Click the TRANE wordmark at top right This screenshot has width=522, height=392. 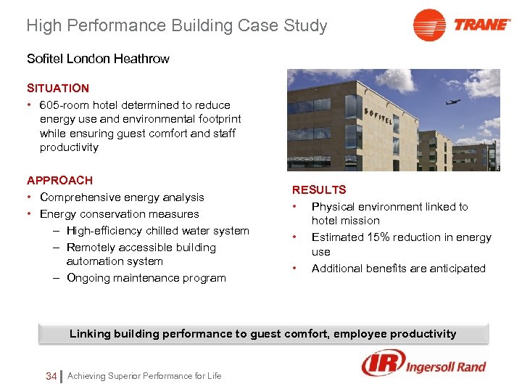(482, 25)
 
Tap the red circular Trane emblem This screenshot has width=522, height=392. (429, 25)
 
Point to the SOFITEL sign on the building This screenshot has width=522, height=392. (378, 117)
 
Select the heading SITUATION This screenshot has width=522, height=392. (58, 88)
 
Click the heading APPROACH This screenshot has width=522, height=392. (59, 180)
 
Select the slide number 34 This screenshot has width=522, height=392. (51, 375)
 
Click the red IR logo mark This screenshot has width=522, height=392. (382, 364)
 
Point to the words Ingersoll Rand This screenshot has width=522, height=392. (446, 366)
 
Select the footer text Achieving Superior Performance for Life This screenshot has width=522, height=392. (144, 375)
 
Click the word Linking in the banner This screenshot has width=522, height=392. (91, 334)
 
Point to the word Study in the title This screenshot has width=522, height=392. (304, 26)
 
